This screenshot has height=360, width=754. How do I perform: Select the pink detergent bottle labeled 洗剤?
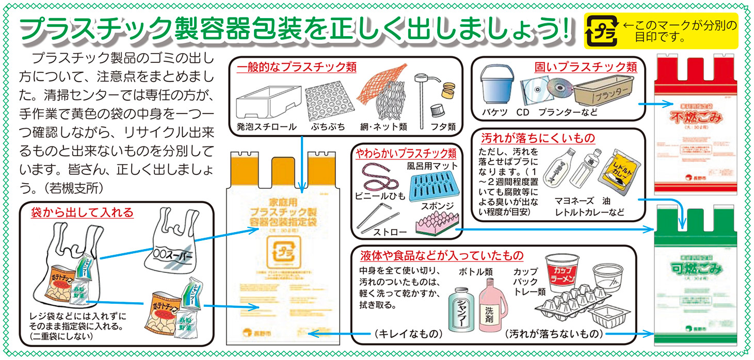point(490,306)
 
